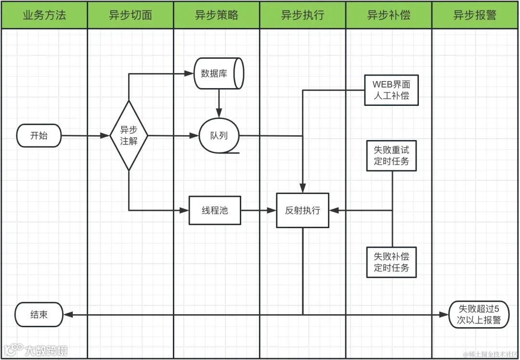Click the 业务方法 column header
[44, 15]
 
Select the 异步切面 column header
[130, 15]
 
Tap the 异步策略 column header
[216, 15]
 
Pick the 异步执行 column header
[302, 15]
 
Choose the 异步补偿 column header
[389, 15]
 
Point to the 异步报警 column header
[475, 15]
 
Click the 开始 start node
[39, 136]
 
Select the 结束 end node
[39, 315]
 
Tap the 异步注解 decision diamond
[129, 136]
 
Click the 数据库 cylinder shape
[219, 74]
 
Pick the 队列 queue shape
[219, 136]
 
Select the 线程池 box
[214, 210]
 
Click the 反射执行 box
[302, 210]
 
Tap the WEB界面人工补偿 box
[391, 90]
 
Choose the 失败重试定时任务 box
[391, 155]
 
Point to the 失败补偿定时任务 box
[391, 262]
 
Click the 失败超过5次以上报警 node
[478, 315]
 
